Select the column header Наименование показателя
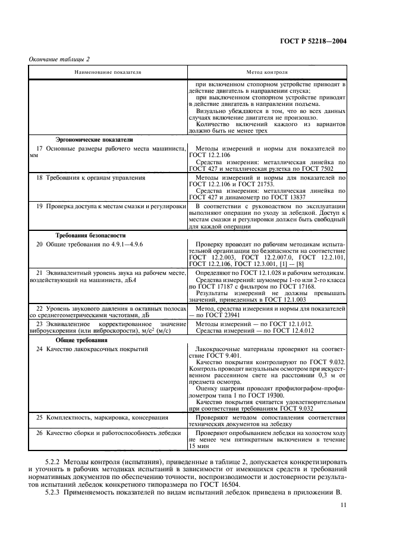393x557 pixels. (108, 71)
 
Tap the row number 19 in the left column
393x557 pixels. (40, 205)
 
